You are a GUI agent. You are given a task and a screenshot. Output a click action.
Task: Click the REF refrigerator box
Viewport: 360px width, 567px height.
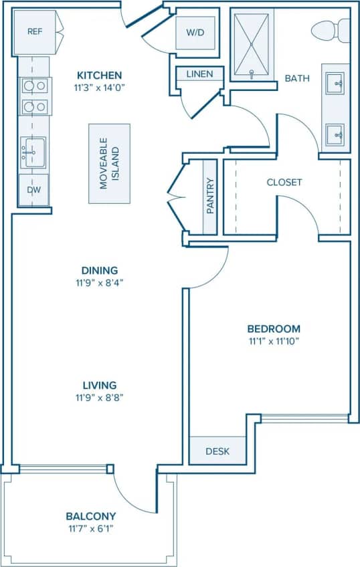(x=35, y=31)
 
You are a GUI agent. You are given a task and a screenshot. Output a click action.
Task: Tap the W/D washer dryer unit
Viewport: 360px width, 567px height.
(x=195, y=32)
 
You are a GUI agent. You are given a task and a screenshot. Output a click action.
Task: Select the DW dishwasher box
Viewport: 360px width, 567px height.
(x=34, y=189)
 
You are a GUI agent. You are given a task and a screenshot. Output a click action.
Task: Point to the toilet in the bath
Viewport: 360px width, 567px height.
(x=331, y=30)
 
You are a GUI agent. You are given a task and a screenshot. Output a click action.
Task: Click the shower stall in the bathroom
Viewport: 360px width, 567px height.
(x=252, y=44)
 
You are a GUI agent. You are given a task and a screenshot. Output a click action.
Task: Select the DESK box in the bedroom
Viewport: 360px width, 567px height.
(x=216, y=451)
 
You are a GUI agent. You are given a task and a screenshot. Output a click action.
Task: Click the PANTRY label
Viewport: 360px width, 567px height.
(x=210, y=196)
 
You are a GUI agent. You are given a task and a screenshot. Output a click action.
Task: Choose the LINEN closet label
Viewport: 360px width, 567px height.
(x=199, y=74)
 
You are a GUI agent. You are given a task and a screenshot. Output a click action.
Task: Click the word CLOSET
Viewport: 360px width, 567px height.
(x=284, y=182)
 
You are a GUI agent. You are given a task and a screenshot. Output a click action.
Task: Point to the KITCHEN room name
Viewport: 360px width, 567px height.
(x=99, y=75)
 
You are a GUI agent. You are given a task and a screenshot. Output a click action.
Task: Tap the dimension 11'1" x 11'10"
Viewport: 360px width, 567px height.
(x=274, y=341)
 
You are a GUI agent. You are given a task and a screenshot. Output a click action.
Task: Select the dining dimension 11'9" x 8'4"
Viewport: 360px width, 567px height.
(x=100, y=282)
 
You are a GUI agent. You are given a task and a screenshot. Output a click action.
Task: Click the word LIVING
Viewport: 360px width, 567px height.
(x=100, y=385)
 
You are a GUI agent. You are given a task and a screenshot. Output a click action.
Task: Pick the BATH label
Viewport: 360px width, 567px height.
(x=297, y=78)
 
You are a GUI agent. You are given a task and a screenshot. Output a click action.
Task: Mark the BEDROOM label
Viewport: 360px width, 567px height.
(x=274, y=329)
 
